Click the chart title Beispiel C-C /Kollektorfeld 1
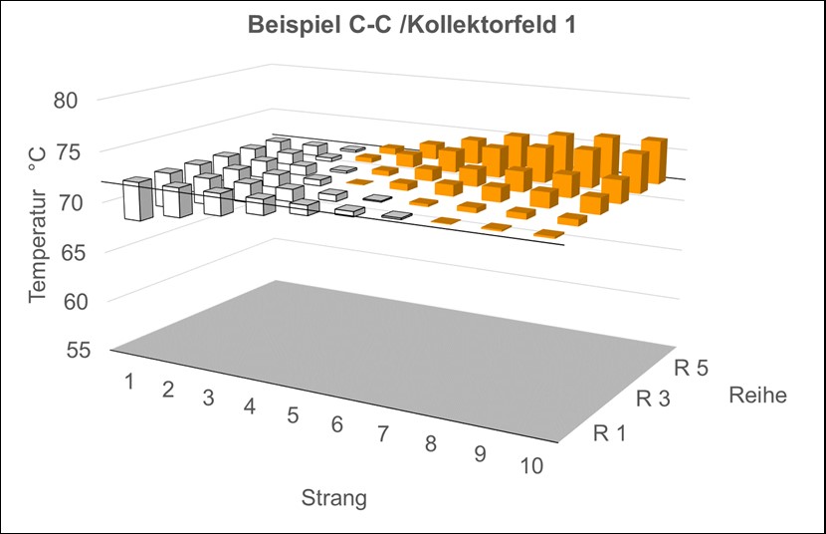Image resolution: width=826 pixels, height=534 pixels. (x=414, y=26)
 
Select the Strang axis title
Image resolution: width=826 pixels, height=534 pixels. (x=334, y=498)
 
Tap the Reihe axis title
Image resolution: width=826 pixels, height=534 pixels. (x=758, y=396)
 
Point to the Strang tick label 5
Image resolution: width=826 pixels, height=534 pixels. (x=293, y=415)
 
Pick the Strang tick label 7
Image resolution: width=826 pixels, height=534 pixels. (x=383, y=435)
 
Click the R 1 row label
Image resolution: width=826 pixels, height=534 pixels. (x=609, y=432)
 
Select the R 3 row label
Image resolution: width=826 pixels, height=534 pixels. (x=653, y=400)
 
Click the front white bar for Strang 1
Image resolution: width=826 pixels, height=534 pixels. (x=131, y=200)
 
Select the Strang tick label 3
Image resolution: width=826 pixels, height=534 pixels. (x=208, y=398)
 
